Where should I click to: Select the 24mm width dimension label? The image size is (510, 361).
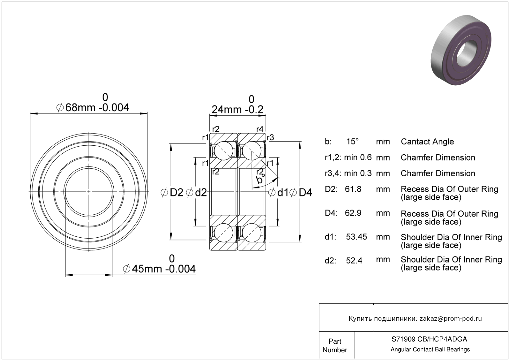(237, 109)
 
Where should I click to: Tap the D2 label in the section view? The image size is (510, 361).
(176, 192)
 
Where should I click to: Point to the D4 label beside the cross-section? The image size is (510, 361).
(305, 192)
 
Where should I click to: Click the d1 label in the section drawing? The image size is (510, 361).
(282, 192)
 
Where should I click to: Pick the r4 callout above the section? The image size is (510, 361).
(260, 129)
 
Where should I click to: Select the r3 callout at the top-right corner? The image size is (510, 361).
(270, 137)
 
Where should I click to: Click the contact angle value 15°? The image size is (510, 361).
(352, 142)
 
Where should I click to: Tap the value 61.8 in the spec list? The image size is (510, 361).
(353, 189)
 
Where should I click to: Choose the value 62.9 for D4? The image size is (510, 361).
(353, 213)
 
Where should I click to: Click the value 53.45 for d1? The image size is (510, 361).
(356, 237)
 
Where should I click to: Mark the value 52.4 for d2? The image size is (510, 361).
(354, 261)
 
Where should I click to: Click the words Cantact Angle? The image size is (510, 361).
(427, 142)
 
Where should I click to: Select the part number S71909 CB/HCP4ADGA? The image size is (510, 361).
(429, 339)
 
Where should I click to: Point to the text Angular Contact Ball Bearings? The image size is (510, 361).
(430, 350)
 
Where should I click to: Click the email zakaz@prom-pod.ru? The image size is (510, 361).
(451, 319)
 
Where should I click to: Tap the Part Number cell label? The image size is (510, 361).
(335, 346)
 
